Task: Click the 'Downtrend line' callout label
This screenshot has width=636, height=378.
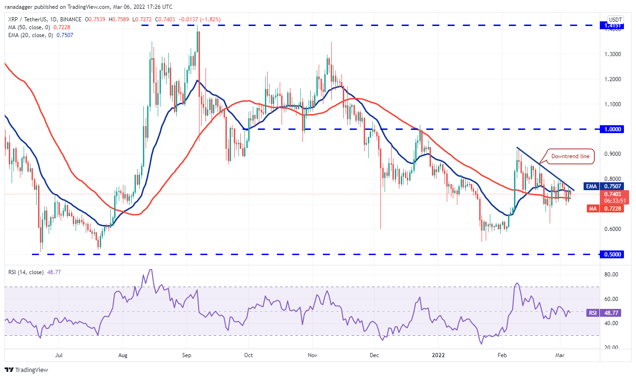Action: [571, 156]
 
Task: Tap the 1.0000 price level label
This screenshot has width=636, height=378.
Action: [610, 129]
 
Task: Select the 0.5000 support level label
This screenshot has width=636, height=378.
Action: [610, 254]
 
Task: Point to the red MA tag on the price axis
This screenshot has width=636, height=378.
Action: [592, 209]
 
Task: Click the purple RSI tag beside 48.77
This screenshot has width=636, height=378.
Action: [593, 313]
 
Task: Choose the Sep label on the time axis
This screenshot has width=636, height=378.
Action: [187, 356]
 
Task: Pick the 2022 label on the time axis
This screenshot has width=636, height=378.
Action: [438, 356]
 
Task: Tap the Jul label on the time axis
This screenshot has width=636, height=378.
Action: [59, 356]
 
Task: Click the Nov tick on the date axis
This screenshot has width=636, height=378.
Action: [312, 356]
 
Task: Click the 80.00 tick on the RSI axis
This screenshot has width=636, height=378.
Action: [613, 275]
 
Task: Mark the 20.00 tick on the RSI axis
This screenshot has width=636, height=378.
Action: [613, 348]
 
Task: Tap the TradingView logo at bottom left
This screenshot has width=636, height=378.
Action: [26, 370]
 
